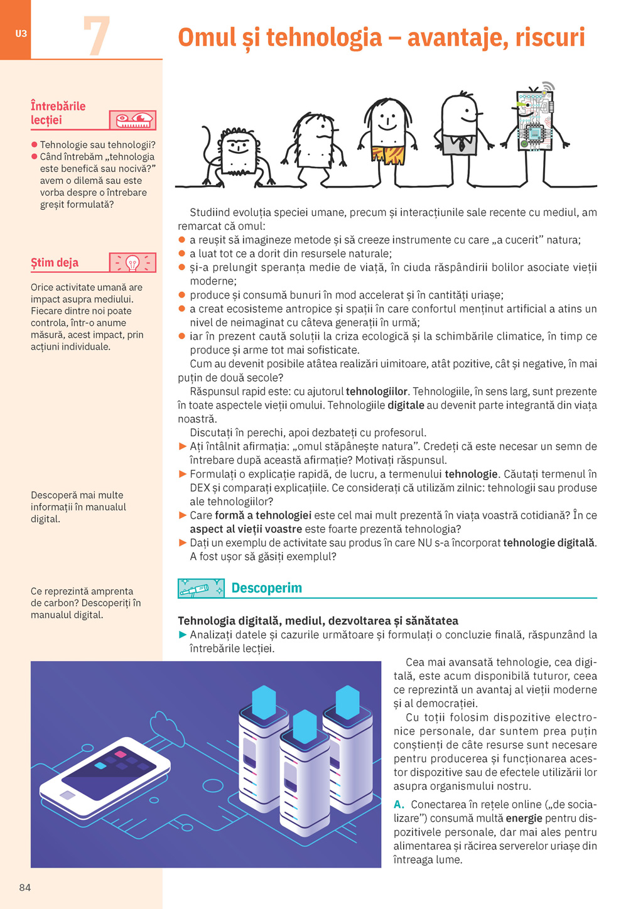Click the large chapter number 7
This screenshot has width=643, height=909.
pyautogui.click(x=96, y=36)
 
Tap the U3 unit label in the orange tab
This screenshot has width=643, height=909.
pyautogui.click(x=21, y=34)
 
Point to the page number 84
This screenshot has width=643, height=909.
pyautogui.click(x=25, y=887)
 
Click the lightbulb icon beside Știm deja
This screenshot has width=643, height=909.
pyautogui.click(x=132, y=263)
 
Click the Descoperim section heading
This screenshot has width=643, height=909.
pyautogui.click(x=266, y=588)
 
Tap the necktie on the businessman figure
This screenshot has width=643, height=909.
pyautogui.click(x=462, y=144)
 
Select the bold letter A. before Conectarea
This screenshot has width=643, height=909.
pyautogui.click(x=399, y=805)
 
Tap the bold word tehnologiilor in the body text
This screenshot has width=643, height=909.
pyautogui.click(x=377, y=392)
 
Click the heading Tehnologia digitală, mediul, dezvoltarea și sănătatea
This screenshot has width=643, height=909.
pyautogui.click(x=318, y=621)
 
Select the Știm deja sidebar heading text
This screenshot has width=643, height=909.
pyautogui.click(x=55, y=263)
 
